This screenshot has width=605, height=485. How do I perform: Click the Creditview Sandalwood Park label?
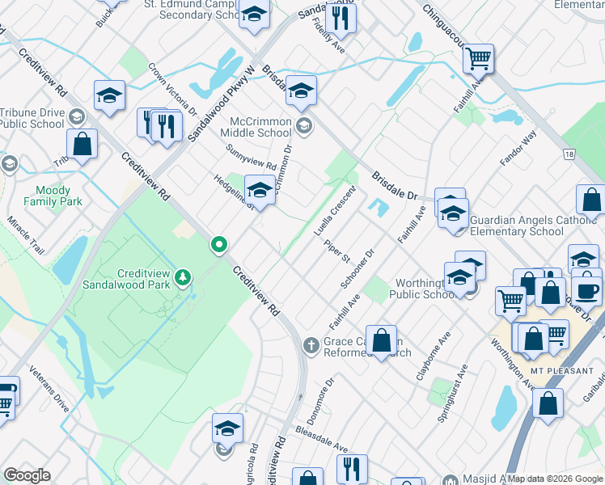[x=126, y=279]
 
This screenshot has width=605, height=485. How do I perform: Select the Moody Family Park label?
[x=53, y=196]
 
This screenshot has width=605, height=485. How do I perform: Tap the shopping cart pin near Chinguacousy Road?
[x=478, y=58]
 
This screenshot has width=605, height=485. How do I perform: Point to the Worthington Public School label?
[x=421, y=289]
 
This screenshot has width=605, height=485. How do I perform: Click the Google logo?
[x=27, y=475]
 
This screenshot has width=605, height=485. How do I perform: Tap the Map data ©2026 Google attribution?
[x=556, y=479]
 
